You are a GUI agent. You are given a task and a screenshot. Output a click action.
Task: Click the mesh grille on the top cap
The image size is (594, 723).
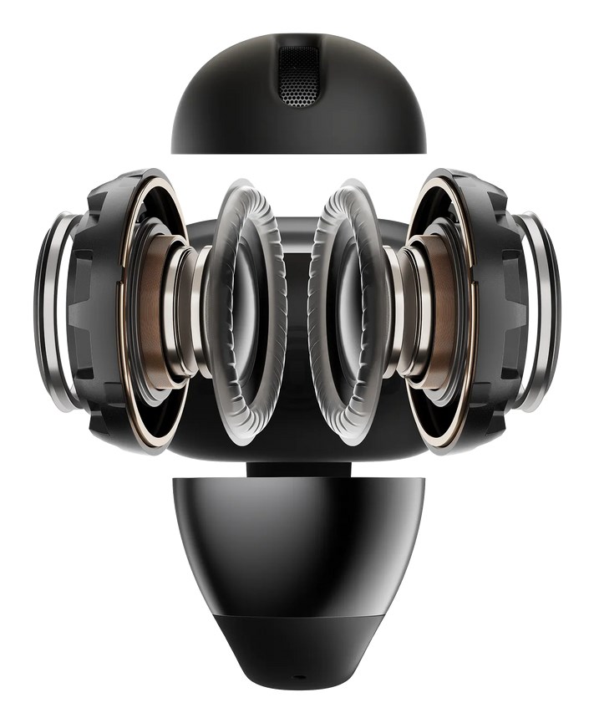(x=299, y=77)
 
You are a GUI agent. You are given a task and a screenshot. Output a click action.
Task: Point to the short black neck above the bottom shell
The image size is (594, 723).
(x=297, y=469)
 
